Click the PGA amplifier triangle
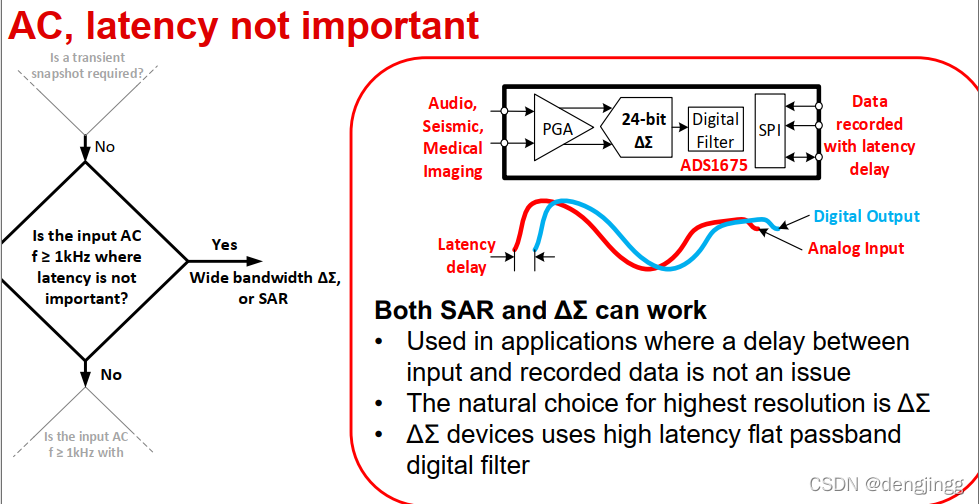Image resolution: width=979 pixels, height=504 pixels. tap(557, 127)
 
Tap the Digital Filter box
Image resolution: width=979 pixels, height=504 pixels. tap(715, 130)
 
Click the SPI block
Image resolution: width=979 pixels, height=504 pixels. tap(769, 129)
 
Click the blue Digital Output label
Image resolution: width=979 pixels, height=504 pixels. tap(866, 216)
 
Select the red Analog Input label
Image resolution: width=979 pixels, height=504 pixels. tap(855, 248)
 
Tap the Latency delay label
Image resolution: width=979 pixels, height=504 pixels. tap(466, 255)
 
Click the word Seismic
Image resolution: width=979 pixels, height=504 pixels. tap(453, 125)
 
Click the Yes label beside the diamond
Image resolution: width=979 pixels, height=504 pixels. tap(224, 244)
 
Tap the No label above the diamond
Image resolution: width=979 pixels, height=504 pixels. tap(104, 147)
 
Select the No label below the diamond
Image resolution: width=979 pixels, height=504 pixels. tap(111, 374)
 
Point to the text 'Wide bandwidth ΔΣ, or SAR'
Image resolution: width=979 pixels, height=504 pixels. tap(265, 287)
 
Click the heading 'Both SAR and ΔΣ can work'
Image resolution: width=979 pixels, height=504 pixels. tap(540, 309)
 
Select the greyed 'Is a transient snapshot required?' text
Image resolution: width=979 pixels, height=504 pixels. tap(87, 65)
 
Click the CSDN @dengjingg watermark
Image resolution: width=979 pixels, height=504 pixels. tap(887, 484)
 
